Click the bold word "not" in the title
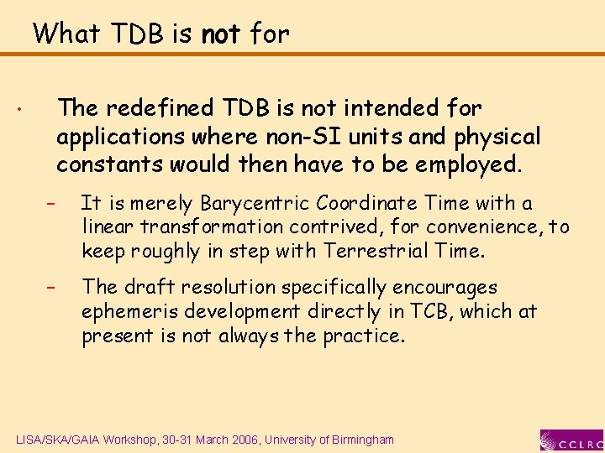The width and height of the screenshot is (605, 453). pyautogui.click(x=221, y=34)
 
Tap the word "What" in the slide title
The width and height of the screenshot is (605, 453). pyautogui.click(x=66, y=34)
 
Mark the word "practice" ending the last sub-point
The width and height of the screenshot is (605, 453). pyautogui.click(x=366, y=336)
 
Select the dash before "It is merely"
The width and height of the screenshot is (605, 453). pyautogui.click(x=50, y=204)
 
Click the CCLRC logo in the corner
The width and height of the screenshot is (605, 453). pyautogui.click(x=571, y=440)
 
